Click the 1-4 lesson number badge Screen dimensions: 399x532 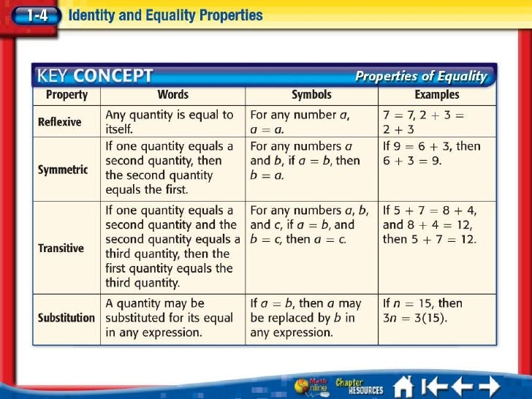pyautogui.click(x=33, y=15)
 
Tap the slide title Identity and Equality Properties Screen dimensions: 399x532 pyautogui.click(x=164, y=15)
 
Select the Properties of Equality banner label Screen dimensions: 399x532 pyautogui.click(x=420, y=76)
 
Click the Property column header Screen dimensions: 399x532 pyautogui.click(x=66, y=95)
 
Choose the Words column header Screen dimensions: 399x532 pyautogui.click(x=172, y=95)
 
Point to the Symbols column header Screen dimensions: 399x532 pyautogui.click(x=311, y=95)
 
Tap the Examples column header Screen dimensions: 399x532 pyautogui.click(x=437, y=95)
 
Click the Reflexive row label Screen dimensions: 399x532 pyautogui.click(x=60, y=122)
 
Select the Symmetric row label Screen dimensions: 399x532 pyautogui.click(x=63, y=170)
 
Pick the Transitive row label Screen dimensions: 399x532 pyautogui.click(x=61, y=248)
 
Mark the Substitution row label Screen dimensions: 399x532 pyautogui.click(x=66, y=318)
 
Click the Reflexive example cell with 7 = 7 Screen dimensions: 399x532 pyautogui.click(x=424, y=122)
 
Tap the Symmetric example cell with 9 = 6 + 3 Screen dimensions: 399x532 pyautogui.click(x=432, y=153)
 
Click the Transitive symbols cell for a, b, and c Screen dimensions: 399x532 pyautogui.click(x=310, y=225)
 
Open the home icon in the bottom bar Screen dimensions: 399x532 pyautogui.click(x=404, y=385)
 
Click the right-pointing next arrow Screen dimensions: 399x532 pyautogui.click(x=489, y=385)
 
